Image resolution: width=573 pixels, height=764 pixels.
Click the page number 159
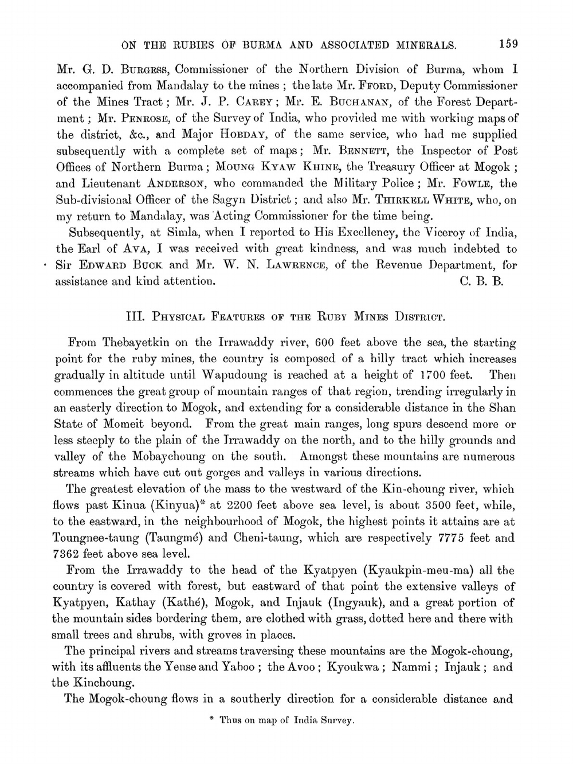click(508, 44)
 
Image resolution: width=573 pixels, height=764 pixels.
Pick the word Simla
click(183, 233)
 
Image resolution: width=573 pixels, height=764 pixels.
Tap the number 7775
click(454, 538)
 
